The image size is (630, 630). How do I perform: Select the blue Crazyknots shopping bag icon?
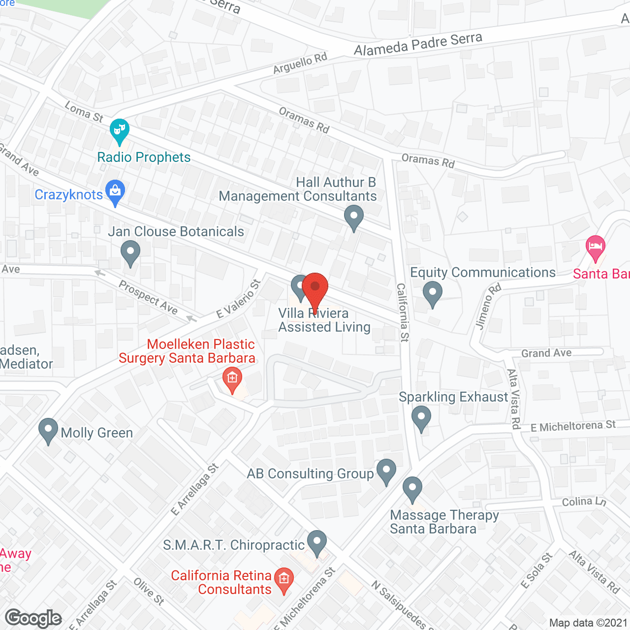coord(115,192)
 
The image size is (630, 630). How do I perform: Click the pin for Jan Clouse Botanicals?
coord(130,253)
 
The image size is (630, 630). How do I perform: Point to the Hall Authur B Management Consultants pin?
coord(353,218)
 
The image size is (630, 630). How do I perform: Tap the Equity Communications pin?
coord(432,294)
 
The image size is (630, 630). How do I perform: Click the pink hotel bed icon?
coord(596,248)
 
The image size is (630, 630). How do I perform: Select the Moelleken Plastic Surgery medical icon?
coord(232,379)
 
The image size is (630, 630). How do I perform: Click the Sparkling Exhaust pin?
coord(421,418)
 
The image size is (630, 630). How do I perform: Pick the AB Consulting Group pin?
coord(386,472)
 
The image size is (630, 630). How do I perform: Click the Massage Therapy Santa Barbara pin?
coord(412,489)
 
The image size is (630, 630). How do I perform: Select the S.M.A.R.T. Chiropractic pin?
coord(317,543)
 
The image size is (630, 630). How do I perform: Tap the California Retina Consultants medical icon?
coord(284,580)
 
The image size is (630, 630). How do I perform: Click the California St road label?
coord(403,312)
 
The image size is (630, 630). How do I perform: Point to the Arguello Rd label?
coord(300,63)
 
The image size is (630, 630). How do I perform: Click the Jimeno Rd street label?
coord(488,306)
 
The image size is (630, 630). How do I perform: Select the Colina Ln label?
coord(584,502)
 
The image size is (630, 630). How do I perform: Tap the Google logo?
coord(33,618)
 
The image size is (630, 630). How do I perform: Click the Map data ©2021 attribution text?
coord(588,623)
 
